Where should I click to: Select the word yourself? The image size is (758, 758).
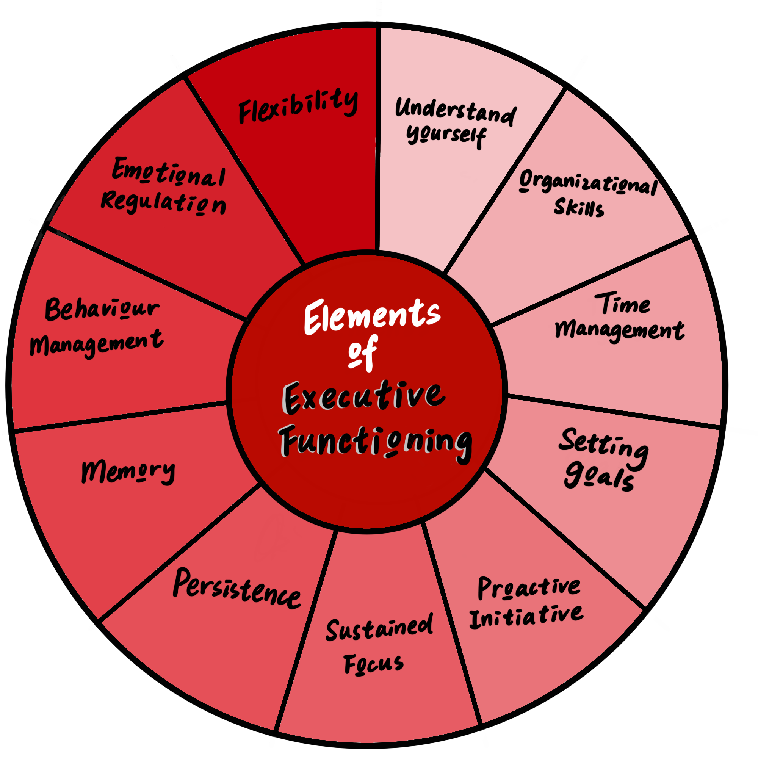point(446,135)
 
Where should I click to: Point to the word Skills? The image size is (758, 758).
point(579,207)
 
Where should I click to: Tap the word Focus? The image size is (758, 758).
point(374,664)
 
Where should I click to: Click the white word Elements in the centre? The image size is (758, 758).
point(371,317)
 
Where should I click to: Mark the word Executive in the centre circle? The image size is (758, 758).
point(364,397)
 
